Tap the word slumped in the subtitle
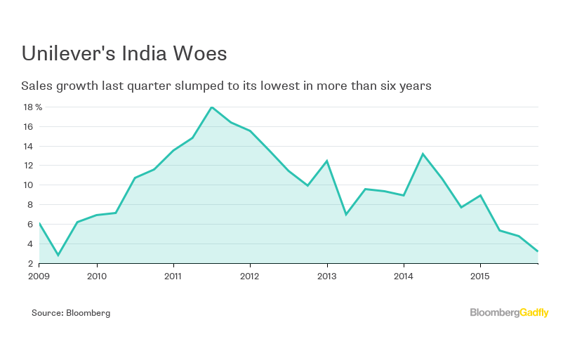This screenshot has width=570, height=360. coord(200,86)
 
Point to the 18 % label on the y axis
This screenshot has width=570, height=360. coord(32,107)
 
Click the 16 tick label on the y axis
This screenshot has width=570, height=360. coord(29,127)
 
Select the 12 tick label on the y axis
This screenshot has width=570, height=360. coord(29,166)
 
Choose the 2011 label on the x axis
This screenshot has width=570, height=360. coord(173,276)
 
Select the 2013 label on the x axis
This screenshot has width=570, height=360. coord(327,276)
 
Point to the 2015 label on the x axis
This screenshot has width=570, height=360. coord(480,276)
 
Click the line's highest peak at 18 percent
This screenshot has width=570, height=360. coord(211,107)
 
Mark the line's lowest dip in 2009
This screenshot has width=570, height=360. coord(58,255)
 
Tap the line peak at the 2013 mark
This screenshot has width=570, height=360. coord(326,161)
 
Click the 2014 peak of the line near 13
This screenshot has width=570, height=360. coord(423,154)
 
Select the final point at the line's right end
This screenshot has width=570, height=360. coord(538,251)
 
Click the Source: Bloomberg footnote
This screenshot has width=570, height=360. coord(71,313)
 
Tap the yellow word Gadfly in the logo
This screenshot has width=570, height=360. coord(534,313)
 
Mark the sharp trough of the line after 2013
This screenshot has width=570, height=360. coord(345,214)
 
